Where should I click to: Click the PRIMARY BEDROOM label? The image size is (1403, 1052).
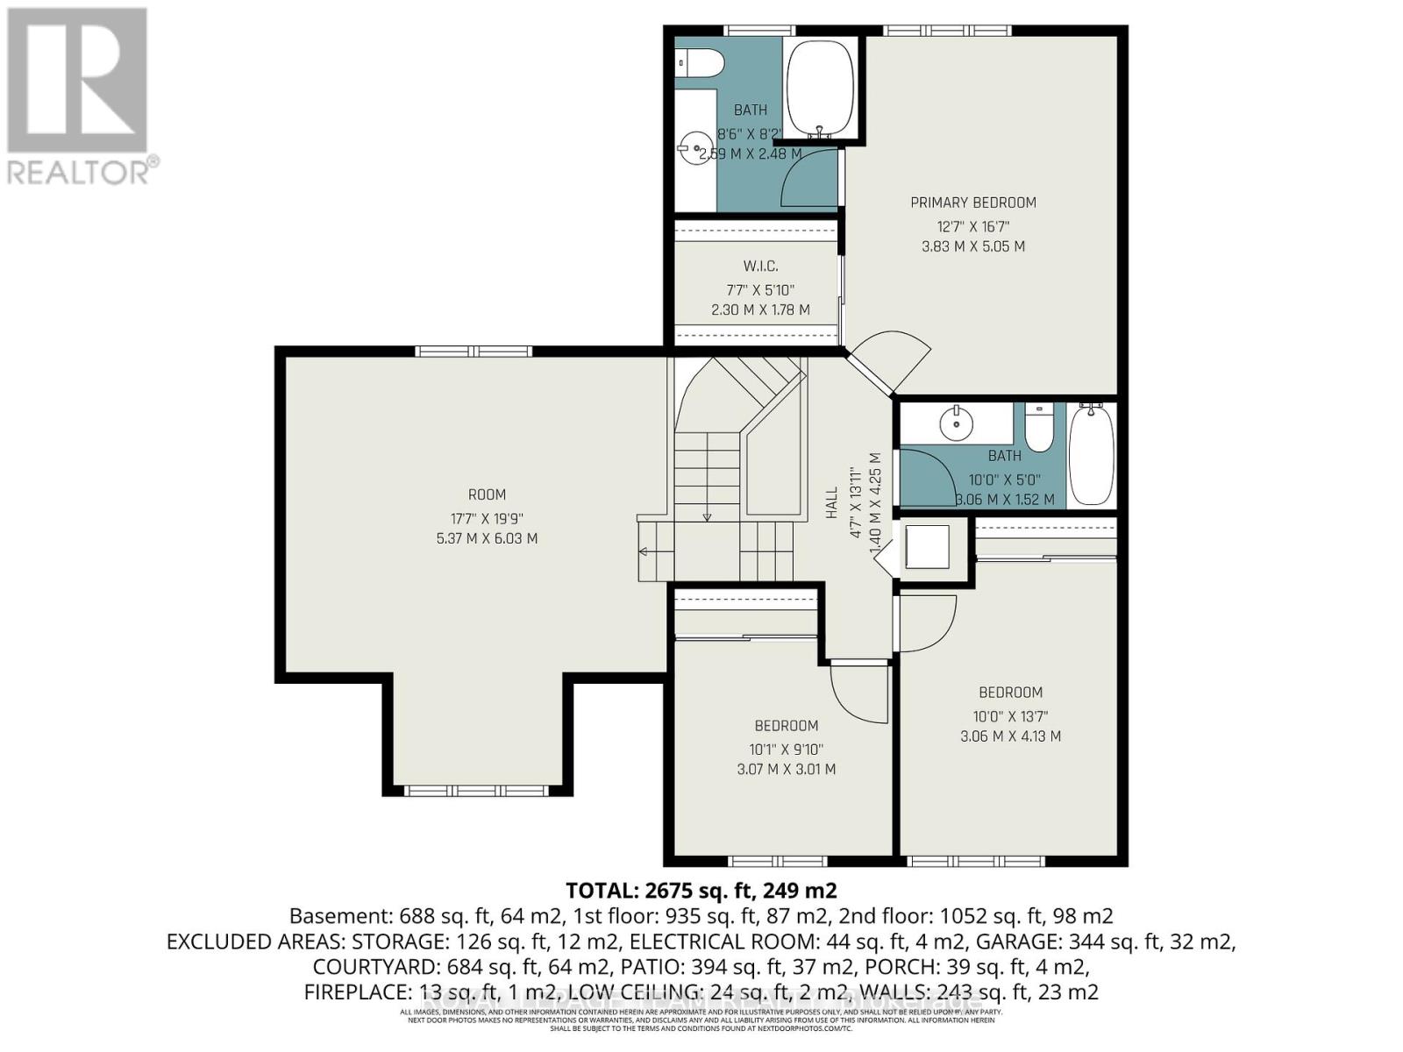click(972, 203)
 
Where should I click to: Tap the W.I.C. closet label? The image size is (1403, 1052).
click(760, 266)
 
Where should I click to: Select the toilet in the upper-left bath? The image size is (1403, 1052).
click(702, 63)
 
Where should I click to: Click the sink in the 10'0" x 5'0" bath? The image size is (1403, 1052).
click(955, 424)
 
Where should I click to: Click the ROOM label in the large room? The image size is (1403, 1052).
click(487, 494)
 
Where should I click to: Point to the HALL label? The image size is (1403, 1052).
click(832, 504)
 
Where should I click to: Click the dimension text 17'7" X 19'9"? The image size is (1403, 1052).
click(487, 517)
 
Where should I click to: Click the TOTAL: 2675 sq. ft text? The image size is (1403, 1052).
click(701, 891)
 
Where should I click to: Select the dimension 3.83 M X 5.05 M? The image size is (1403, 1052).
click(972, 246)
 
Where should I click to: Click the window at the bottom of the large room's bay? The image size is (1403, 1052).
click(477, 791)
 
